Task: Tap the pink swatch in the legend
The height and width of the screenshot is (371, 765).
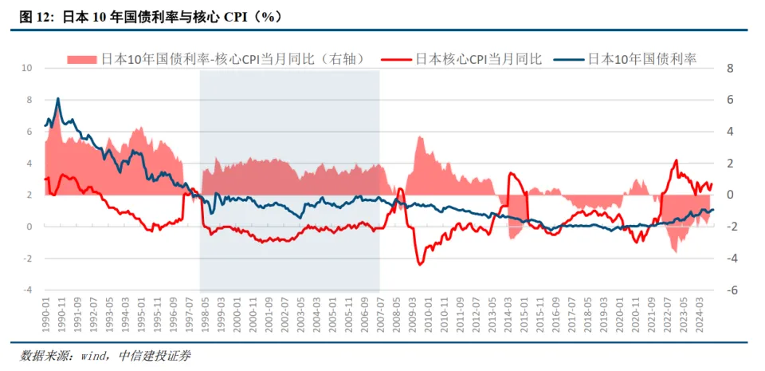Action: point(81,59)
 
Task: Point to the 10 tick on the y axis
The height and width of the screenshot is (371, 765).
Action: point(26,68)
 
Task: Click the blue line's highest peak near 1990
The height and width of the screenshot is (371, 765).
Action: point(57,99)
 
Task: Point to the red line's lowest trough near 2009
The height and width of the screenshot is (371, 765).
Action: point(420,264)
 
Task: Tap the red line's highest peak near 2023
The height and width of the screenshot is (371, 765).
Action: point(676,160)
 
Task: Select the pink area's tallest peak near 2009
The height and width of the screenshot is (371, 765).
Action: point(419,136)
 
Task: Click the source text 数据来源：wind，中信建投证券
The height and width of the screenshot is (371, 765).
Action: point(105,355)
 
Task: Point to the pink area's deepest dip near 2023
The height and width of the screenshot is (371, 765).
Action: point(675,252)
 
